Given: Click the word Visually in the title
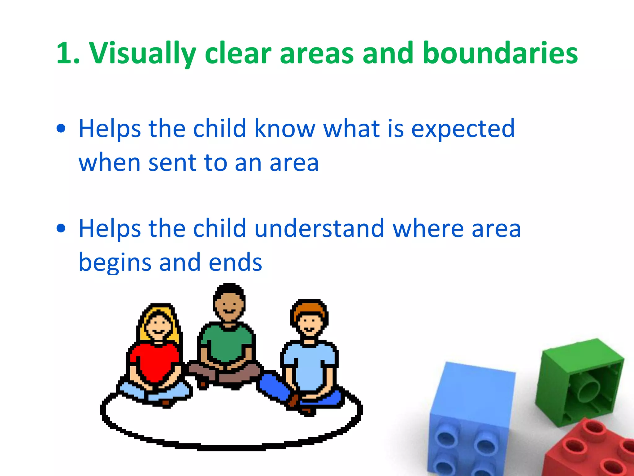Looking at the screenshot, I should pyautogui.click(x=143, y=54).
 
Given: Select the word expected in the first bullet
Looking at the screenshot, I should pyautogui.click(x=462, y=129).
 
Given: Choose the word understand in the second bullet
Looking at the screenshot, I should pyautogui.click(x=319, y=228).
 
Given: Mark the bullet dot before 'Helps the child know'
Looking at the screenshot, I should pyautogui.click(x=61, y=129).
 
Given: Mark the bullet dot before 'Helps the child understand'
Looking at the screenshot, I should pyautogui.click(x=61, y=228).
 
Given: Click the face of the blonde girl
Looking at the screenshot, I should pyautogui.click(x=158, y=325).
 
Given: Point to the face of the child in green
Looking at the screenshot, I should pyautogui.click(x=229, y=305).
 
